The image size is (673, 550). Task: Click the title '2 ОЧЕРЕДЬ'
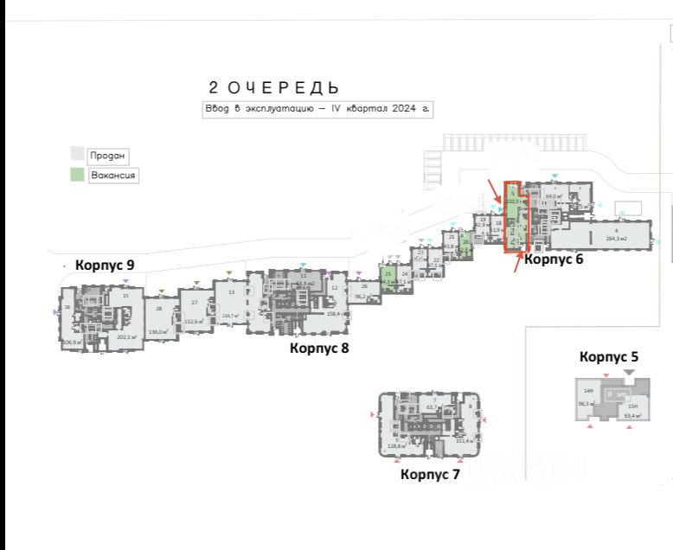(x=272, y=88)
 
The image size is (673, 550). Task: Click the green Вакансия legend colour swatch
(x=78, y=175)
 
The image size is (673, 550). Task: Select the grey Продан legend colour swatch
(x=78, y=155)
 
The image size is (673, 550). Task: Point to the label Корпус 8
(x=319, y=349)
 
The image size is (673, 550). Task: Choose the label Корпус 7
(x=430, y=474)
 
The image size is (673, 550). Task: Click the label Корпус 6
(x=554, y=258)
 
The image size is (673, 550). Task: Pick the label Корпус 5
(x=609, y=356)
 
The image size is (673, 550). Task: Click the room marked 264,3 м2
(x=616, y=236)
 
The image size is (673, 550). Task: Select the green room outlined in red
(x=513, y=216)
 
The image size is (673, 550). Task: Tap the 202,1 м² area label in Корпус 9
(x=128, y=336)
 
